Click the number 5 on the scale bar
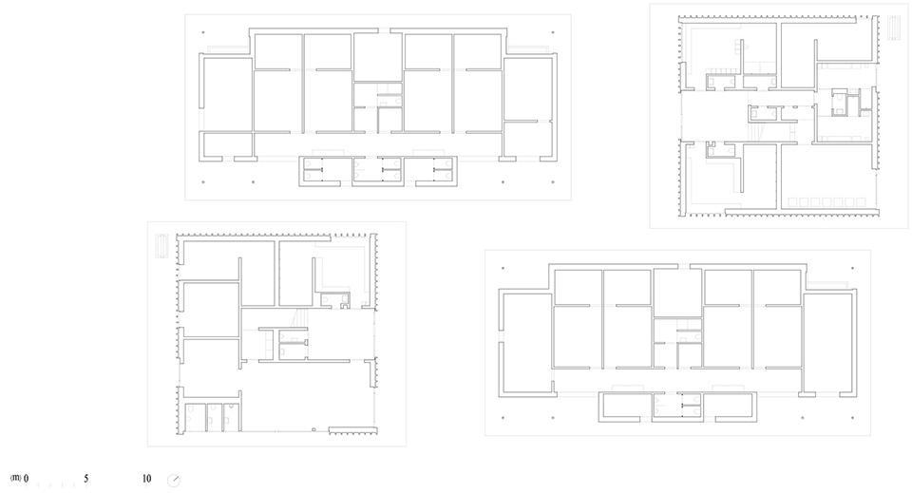coord(86,479)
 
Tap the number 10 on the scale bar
coord(146,479)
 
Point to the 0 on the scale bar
coord(27,479)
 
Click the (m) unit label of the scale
coord(16,478)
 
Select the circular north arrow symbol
coord(173,481)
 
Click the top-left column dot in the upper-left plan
coord(203,32)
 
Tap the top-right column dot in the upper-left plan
coord(553,32)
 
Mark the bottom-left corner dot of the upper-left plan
coord(203,182)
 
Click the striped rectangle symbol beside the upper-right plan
coord(894,28)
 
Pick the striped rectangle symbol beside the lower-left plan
coord(161,246)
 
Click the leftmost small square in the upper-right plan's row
coord(792,202)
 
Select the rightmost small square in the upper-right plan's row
coord(861,202)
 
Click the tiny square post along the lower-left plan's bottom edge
coord(313,429)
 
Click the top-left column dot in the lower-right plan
coord(503,269)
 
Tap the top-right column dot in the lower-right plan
coord(853,269)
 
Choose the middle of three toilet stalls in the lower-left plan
coord(215,417)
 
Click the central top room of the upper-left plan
coord(378,57)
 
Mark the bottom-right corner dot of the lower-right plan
coord(853,417)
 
